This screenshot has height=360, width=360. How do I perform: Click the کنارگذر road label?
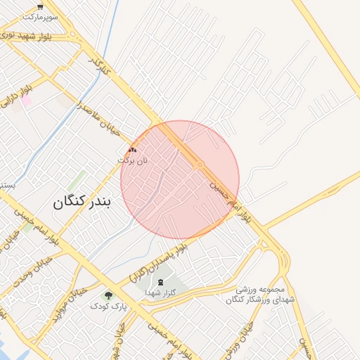pyautogui.click(x=100, y=67)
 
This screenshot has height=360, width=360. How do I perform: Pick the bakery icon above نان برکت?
pyautogui.click(x=133, y=150)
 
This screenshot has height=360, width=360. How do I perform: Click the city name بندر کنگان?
pyautogui.click(x=82, y=202)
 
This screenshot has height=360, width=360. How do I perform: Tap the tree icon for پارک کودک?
pyautogui.click(x=108, y=296)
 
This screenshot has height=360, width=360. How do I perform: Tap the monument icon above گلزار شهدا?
pyautogui.click(x=160, y=282)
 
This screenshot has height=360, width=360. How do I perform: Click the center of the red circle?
pyautogui.click(x=180, y=180)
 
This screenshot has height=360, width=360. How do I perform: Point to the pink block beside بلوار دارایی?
pyautogui.click(x=26, y=101)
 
